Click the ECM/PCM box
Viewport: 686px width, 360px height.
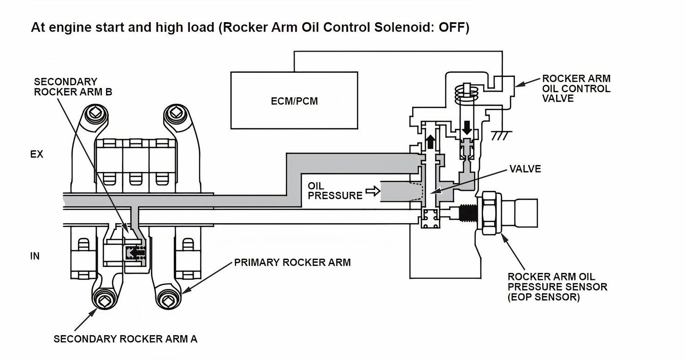pyautogui.click(x=294, y=100)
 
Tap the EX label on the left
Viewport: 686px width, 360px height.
pyautogui.click(x=36, y=154)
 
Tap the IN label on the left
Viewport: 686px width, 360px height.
pyautogui.click(x=35, y=256)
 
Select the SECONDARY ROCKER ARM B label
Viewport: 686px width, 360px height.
pyautogui.click(x=73, y=87)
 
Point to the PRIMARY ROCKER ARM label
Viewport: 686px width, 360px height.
pyautogui.click(x=292, y=262)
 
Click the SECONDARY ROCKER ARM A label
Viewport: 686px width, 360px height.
pyautogui.click(x=125, y=339)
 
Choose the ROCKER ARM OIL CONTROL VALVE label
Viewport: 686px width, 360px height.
pyautogui.click(x=576, y=88)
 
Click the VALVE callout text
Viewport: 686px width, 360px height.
pyautogui.click(x=525, y=169)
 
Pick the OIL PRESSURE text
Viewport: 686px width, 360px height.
pyautogui.click(x=335, y=190)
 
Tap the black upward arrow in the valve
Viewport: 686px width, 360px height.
pyautogui.click(x=431, y=141)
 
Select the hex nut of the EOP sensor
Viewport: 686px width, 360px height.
pyautogui.click(x=491, y=215)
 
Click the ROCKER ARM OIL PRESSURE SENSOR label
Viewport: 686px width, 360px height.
pyautogui.click(x=557, y=287)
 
